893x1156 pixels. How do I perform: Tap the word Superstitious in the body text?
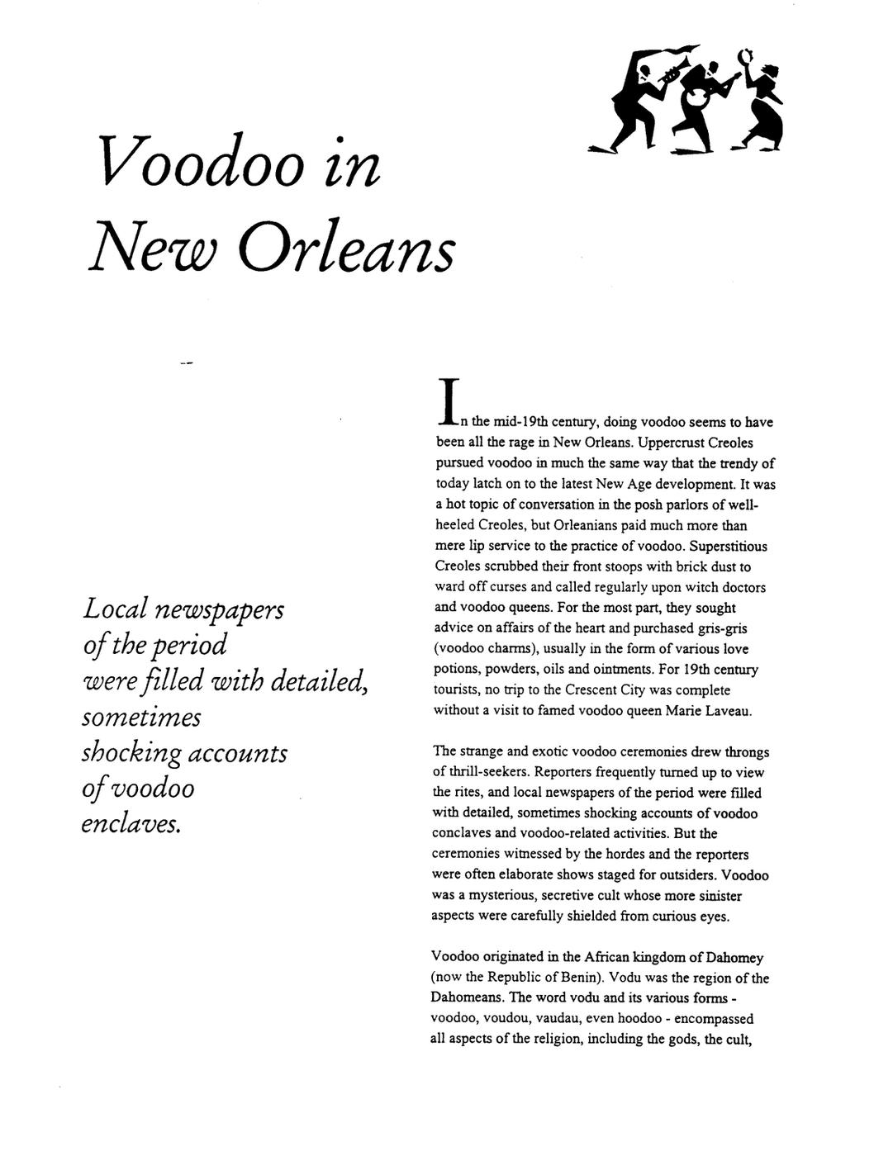729,546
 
